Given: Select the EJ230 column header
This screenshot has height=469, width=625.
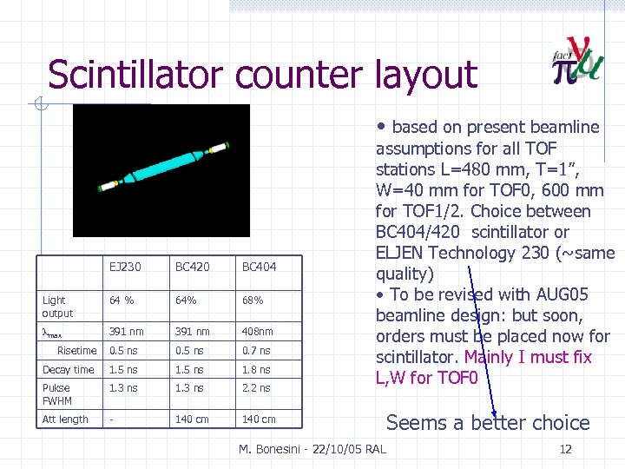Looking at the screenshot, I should (125, 267).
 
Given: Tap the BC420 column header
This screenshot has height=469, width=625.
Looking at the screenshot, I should (192, 267).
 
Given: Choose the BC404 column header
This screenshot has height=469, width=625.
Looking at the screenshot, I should (259, 267).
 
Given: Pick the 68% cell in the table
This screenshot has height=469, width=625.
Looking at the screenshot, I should (253, 301).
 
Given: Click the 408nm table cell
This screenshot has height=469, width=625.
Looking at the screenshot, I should (257, 332).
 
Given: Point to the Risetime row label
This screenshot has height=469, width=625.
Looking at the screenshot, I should (76, 351).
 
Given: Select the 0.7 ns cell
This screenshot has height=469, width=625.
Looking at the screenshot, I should (256, 351).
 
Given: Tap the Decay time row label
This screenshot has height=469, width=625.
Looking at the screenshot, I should (68, 370).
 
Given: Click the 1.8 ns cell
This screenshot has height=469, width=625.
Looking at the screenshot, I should (256, 370).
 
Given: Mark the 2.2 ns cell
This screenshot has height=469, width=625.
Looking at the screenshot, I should (256, 388).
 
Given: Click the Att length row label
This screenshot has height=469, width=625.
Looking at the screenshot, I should (65, 419).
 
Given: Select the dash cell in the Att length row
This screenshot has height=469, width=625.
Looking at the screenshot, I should (111, 419).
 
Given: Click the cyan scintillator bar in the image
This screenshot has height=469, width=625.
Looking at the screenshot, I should (165, 165).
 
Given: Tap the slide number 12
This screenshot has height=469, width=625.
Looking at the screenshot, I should (565, 449).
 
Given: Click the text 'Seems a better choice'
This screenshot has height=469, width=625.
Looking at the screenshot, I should (487, 423).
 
